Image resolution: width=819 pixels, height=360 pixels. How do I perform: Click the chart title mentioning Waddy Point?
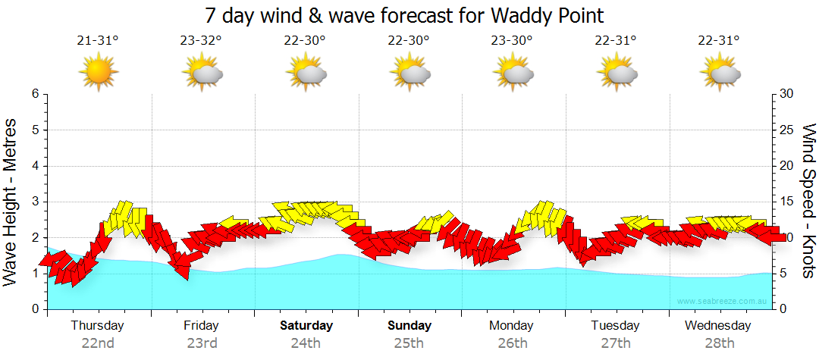404,15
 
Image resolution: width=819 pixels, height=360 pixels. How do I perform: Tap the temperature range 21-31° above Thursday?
98,40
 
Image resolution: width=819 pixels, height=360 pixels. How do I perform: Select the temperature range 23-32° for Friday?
201,40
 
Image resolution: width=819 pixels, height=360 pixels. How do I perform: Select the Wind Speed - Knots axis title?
808,201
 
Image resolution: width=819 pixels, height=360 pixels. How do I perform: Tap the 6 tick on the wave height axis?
35,94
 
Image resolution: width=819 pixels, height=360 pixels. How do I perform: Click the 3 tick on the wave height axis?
35,202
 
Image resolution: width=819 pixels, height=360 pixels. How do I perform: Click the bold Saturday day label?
306,326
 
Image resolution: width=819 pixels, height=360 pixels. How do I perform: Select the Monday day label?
513,326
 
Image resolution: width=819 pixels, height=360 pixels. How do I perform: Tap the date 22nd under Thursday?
98,343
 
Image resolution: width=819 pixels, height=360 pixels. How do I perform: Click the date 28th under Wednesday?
719,343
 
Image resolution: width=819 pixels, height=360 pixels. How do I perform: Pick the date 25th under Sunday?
409,343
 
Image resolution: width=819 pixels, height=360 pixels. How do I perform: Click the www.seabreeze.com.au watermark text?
723,302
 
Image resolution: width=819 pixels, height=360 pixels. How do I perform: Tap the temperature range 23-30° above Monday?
513,40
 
